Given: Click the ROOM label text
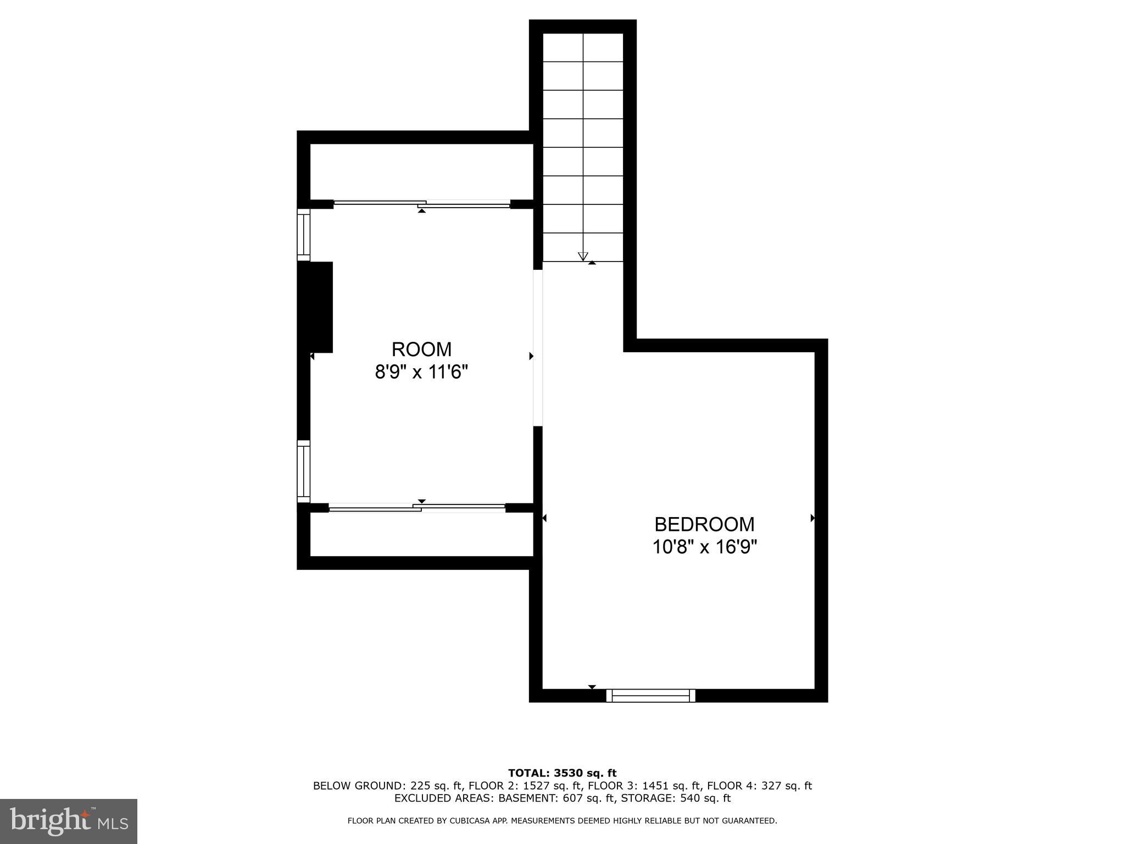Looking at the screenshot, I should pyautogui.click(x=421, y=349).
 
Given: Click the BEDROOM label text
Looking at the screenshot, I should pyautogui.click(x=704, y=525).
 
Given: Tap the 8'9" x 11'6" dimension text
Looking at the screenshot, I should pyautogui.click(x=421, y=373).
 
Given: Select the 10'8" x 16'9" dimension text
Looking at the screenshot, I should pyautogui.click(x=704, y=547).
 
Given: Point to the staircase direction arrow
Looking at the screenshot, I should pyautogui.click(x=583, y=256).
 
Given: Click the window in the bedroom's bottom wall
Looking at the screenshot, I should pyautogui.click(x=650, y=696).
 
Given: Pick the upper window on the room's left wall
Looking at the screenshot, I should pyautogui.click(x=303, y=235).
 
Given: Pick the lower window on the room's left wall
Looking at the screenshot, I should pyautogui.click(x=303, y=471).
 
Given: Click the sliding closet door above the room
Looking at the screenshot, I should pyautogui.click(x=422, y=204).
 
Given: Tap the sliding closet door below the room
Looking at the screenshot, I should pyautogui.click(x=417, y=508).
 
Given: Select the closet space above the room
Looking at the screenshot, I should pyautogui.click(x=421, y=172).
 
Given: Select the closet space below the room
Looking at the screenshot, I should pyautogui.click(x=421, y=534).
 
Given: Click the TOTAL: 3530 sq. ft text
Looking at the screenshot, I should pyautogui.click(x=562, y=774).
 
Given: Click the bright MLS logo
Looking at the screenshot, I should pyautogui.click(x=69, y=821).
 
